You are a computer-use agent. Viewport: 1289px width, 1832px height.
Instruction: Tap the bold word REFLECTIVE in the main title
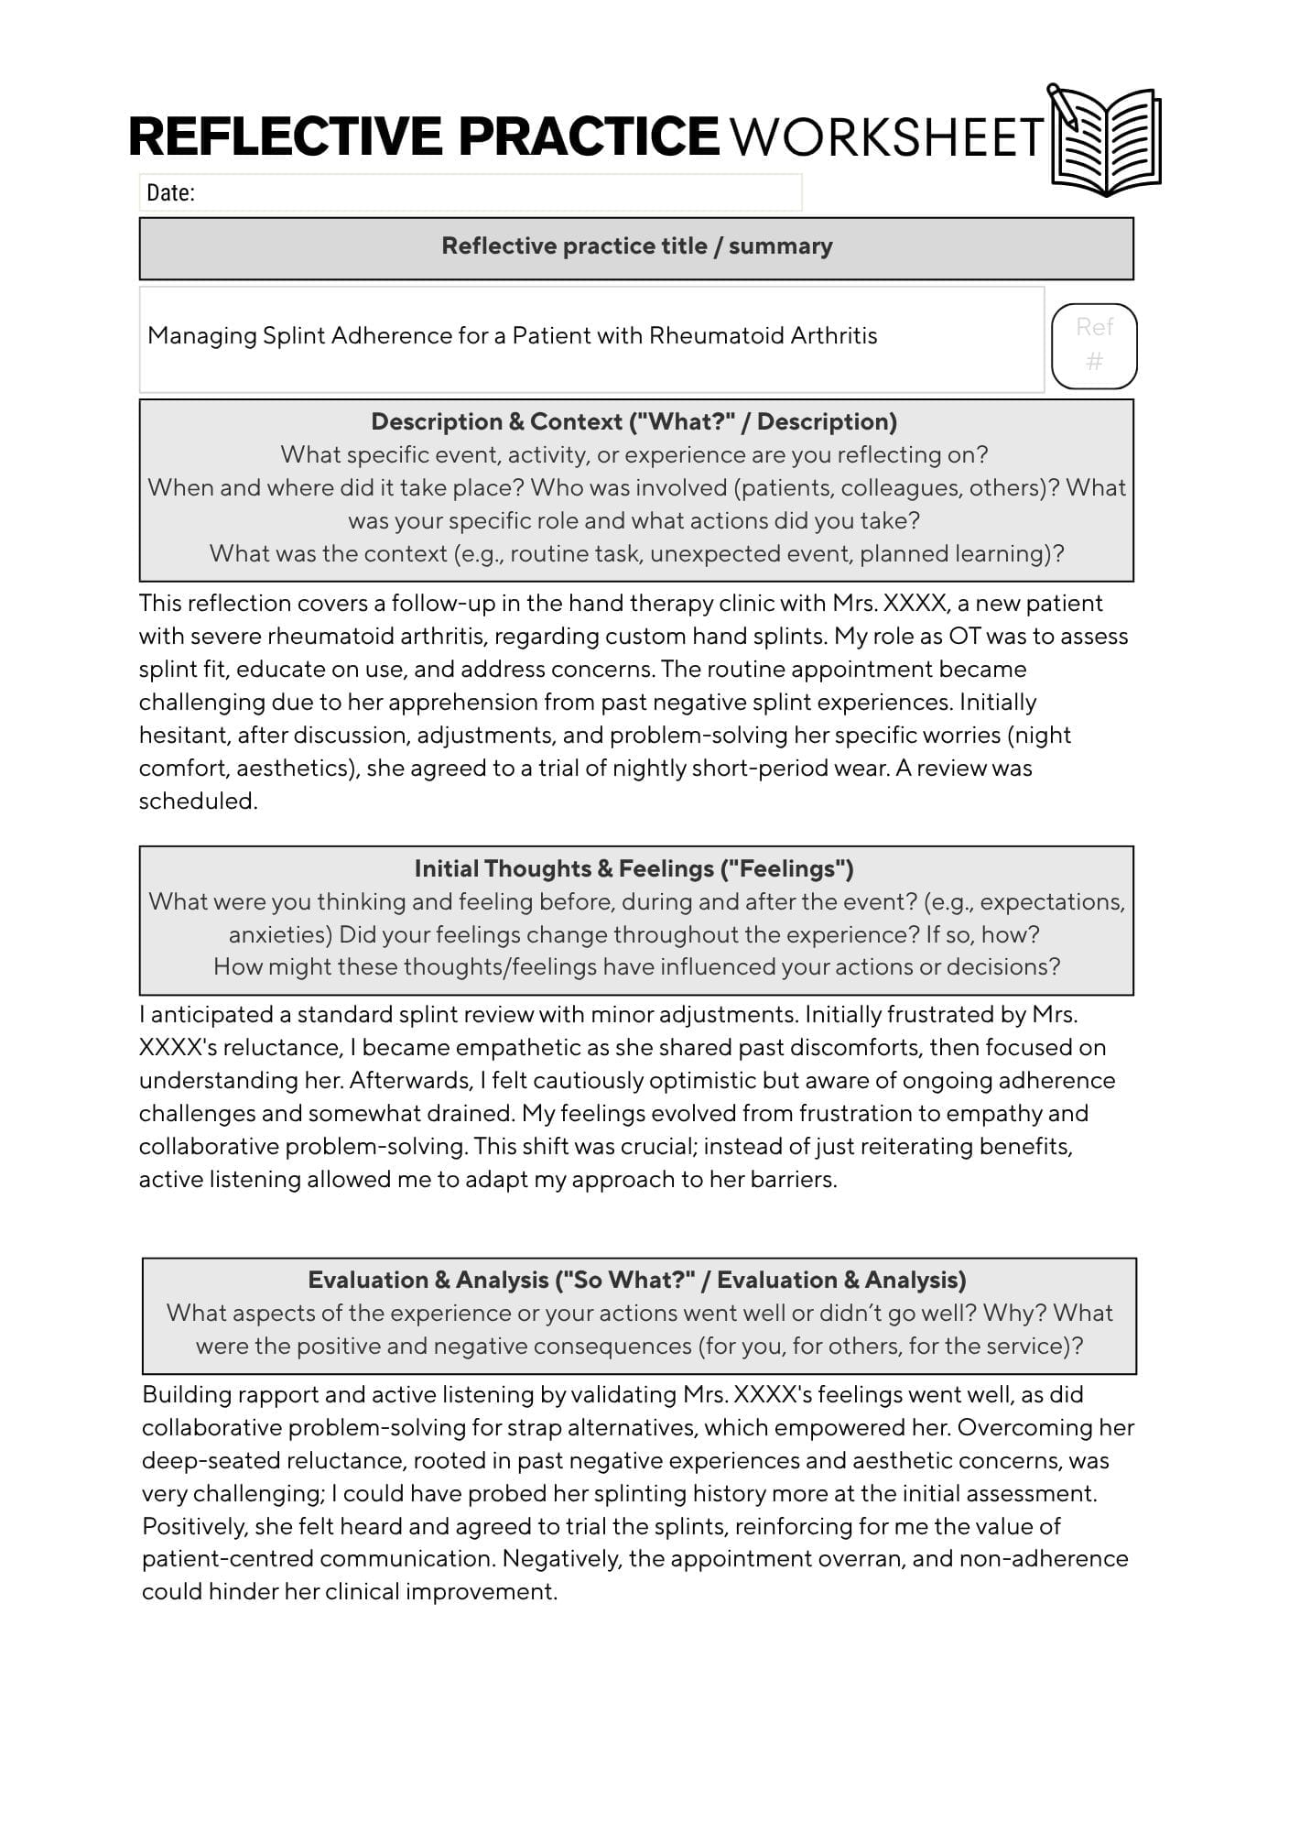[284, 137]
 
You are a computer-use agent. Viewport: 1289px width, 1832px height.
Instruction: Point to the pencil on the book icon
[1064, 104]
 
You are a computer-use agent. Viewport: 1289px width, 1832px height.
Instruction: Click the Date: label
[171, 192]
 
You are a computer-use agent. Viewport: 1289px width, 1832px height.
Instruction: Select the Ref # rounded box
[1094, 344]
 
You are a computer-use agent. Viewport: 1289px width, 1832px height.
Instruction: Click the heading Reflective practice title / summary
[636, 246]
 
